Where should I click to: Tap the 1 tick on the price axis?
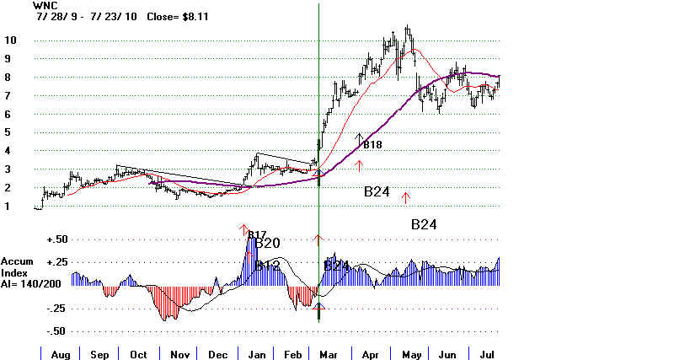[8, 207]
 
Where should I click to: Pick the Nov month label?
[180, 353]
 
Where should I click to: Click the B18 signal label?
[372, 144]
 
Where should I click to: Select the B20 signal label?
[267, 244]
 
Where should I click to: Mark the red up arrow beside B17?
[244, 229]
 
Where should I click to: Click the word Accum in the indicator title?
[18, 261]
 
